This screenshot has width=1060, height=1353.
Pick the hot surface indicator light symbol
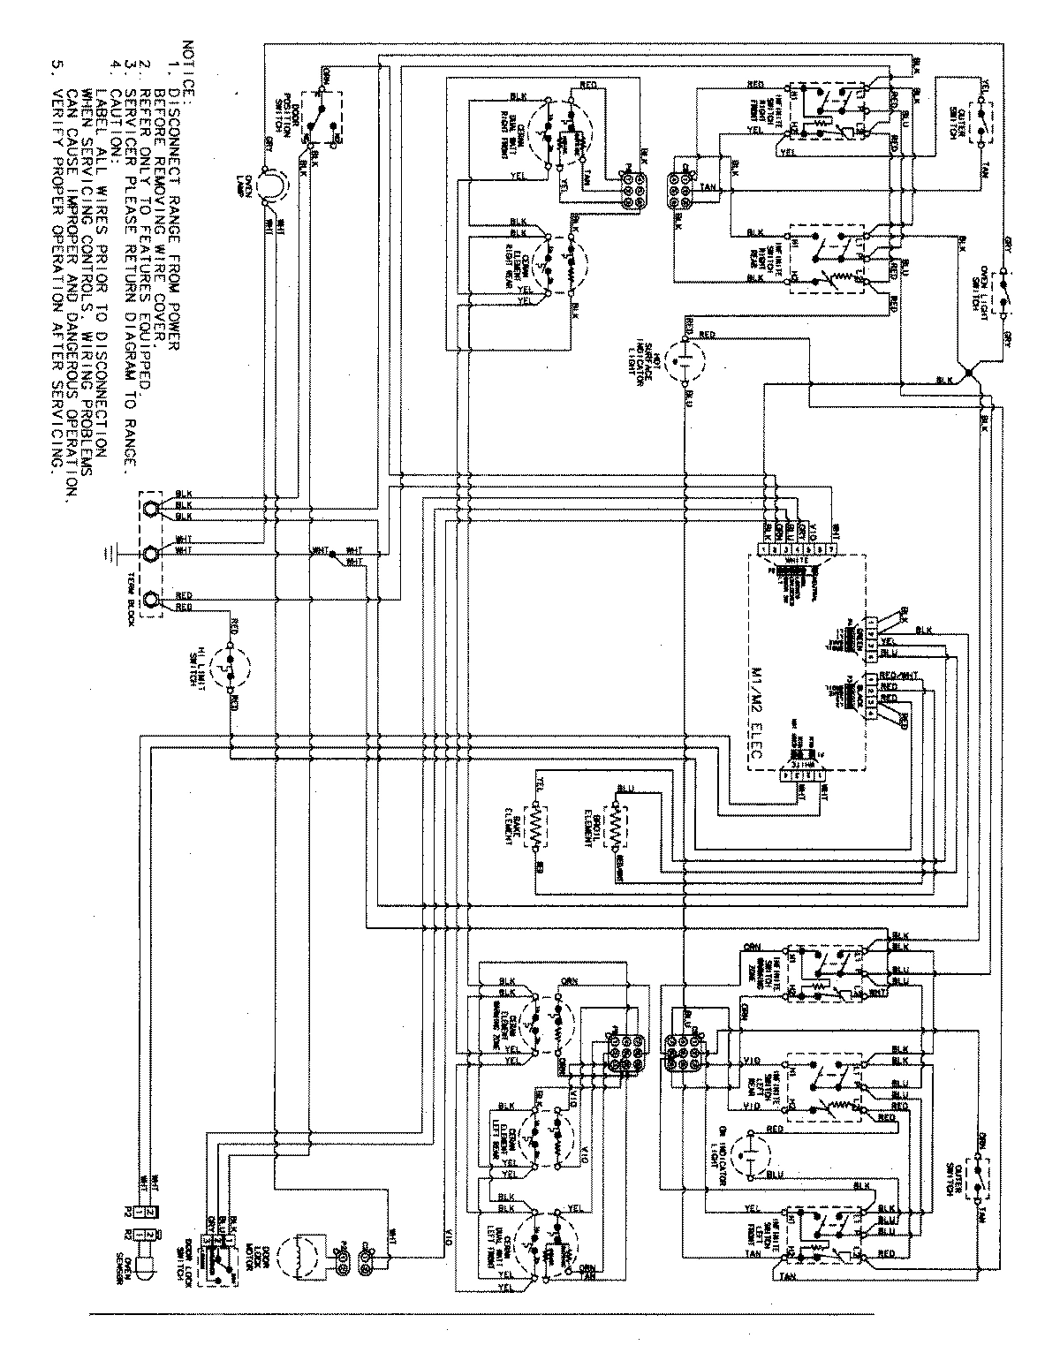pyautogui.click(x=685, y=362)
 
